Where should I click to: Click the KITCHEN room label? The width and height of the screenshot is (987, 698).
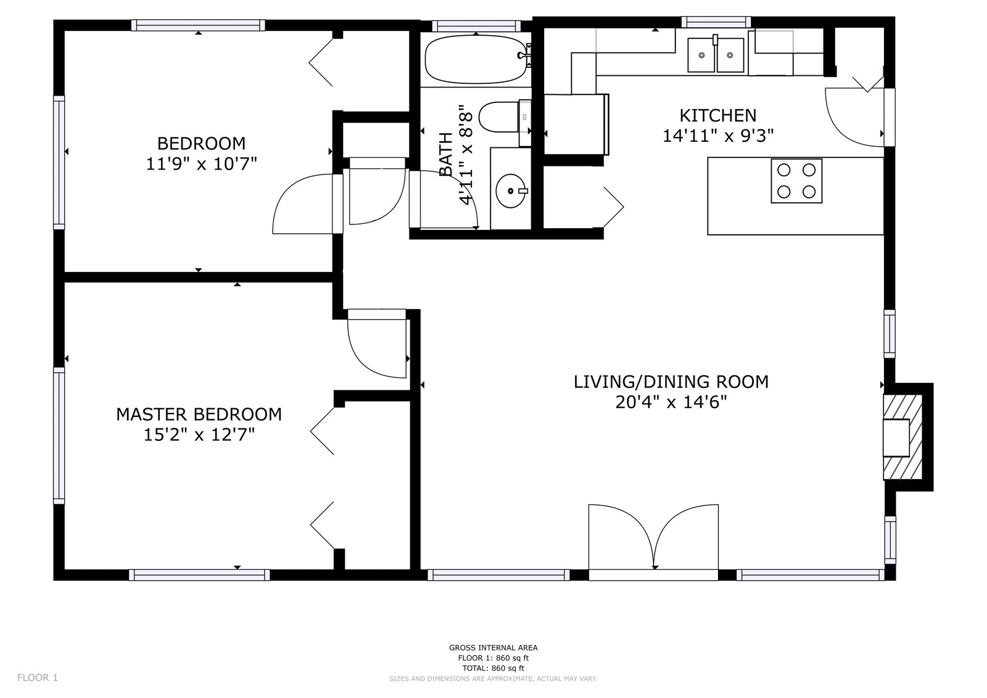(718, 115)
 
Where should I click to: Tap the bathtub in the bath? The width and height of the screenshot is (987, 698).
(476, 59)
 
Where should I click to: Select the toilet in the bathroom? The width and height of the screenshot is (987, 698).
(505, 117)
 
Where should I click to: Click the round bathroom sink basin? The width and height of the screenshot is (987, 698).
(511, 191)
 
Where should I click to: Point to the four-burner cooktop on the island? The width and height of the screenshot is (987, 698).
(796, 181)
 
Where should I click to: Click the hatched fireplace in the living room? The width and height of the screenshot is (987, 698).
(902, 437)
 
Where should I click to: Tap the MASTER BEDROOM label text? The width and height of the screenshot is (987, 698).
(199, 414)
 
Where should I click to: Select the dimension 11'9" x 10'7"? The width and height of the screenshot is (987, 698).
(201, 164)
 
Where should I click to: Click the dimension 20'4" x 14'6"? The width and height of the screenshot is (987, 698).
(671, 402)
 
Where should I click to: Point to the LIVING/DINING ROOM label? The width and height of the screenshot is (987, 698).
(671, 382)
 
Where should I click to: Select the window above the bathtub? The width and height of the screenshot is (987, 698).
(476, 26)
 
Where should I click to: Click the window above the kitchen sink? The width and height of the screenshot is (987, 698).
(716, 22)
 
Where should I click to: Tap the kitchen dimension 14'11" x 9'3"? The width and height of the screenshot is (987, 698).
(718, 136)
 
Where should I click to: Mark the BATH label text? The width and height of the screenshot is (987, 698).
(447, 154)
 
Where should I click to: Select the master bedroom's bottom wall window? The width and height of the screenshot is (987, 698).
(199, 575)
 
